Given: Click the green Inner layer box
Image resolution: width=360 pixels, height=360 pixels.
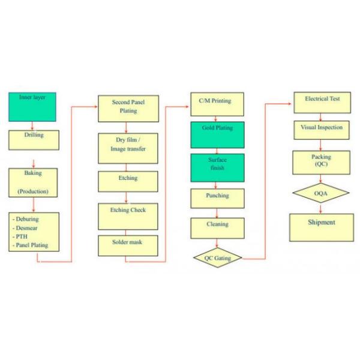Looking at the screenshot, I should tap(32, 107).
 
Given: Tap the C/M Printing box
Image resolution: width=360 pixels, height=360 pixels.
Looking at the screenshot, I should tap(217, 104).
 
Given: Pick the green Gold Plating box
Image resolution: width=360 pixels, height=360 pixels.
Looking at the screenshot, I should tap(217, 135).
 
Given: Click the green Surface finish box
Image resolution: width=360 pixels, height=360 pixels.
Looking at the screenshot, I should tap(217, 168).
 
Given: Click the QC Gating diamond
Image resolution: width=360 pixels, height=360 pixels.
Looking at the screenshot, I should tap(217, 258).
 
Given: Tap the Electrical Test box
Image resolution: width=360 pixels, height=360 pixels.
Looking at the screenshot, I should tap(322, 103).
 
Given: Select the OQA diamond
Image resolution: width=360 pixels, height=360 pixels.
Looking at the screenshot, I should tap(322, 193).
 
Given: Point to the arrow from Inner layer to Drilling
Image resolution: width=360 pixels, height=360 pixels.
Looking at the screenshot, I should tap(33, 126).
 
